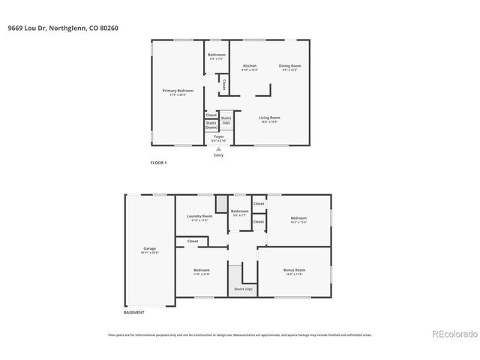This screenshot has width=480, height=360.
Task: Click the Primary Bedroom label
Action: [178, 91]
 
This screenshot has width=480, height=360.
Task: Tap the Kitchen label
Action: [250, 66]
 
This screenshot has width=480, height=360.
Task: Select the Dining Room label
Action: [289, 66]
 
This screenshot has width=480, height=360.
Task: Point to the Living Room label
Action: [269, 118]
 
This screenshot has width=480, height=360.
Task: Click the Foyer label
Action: [219, 136]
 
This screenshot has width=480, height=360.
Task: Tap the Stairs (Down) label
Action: [211, 125]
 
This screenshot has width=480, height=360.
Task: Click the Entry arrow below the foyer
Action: [219, 148]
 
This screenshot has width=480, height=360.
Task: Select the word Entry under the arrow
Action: [219, 155]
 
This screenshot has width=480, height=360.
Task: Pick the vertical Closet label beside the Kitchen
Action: [223, 85]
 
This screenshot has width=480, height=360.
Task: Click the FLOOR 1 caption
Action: [158, 163]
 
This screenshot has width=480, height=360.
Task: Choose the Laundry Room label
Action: [199, 216]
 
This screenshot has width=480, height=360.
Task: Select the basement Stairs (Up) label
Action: [244, 289]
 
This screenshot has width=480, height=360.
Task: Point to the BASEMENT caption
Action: [134, 313]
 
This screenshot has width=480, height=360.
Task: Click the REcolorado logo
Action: [452, 334]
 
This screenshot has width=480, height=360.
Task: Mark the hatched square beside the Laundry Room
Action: [221, 203]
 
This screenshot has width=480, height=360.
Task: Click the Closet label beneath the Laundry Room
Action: [193, 241]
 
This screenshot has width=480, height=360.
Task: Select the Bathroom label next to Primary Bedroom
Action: [217, 55]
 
